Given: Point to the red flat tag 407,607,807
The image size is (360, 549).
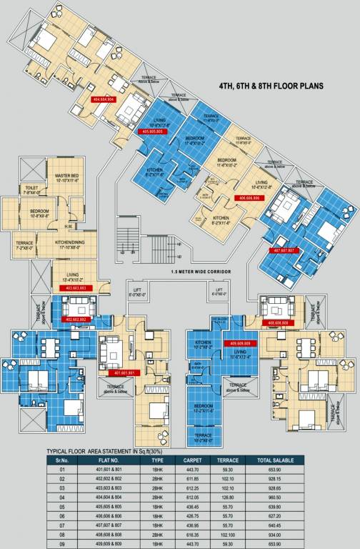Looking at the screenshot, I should tap(285, 251).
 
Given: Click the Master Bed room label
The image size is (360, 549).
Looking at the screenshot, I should tap(66, 177).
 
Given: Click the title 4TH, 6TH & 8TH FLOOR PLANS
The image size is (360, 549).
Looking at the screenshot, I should tap(271, 85).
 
